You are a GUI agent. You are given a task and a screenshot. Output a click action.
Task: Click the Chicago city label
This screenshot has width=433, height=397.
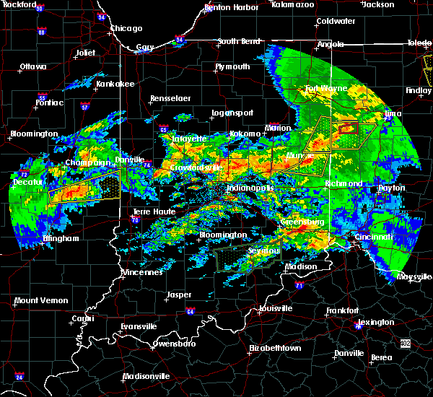(x=126, y=29)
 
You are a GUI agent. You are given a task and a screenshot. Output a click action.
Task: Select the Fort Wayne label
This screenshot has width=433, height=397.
(x=325, y=89)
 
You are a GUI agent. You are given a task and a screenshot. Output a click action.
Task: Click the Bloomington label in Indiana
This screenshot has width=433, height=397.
(x=223, y=235)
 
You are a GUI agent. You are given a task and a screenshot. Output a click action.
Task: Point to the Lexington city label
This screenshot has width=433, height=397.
(x=376, y=322)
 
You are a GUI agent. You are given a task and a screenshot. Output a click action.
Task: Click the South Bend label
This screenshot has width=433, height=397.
(x=237, y=41)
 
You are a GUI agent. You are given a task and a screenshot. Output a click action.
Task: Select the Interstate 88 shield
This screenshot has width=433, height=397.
(x=41, y=32)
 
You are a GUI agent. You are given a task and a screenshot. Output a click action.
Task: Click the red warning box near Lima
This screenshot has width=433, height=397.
(x=349, y=128)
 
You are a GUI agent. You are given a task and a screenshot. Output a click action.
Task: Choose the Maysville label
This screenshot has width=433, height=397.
(x=413, y=276)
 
